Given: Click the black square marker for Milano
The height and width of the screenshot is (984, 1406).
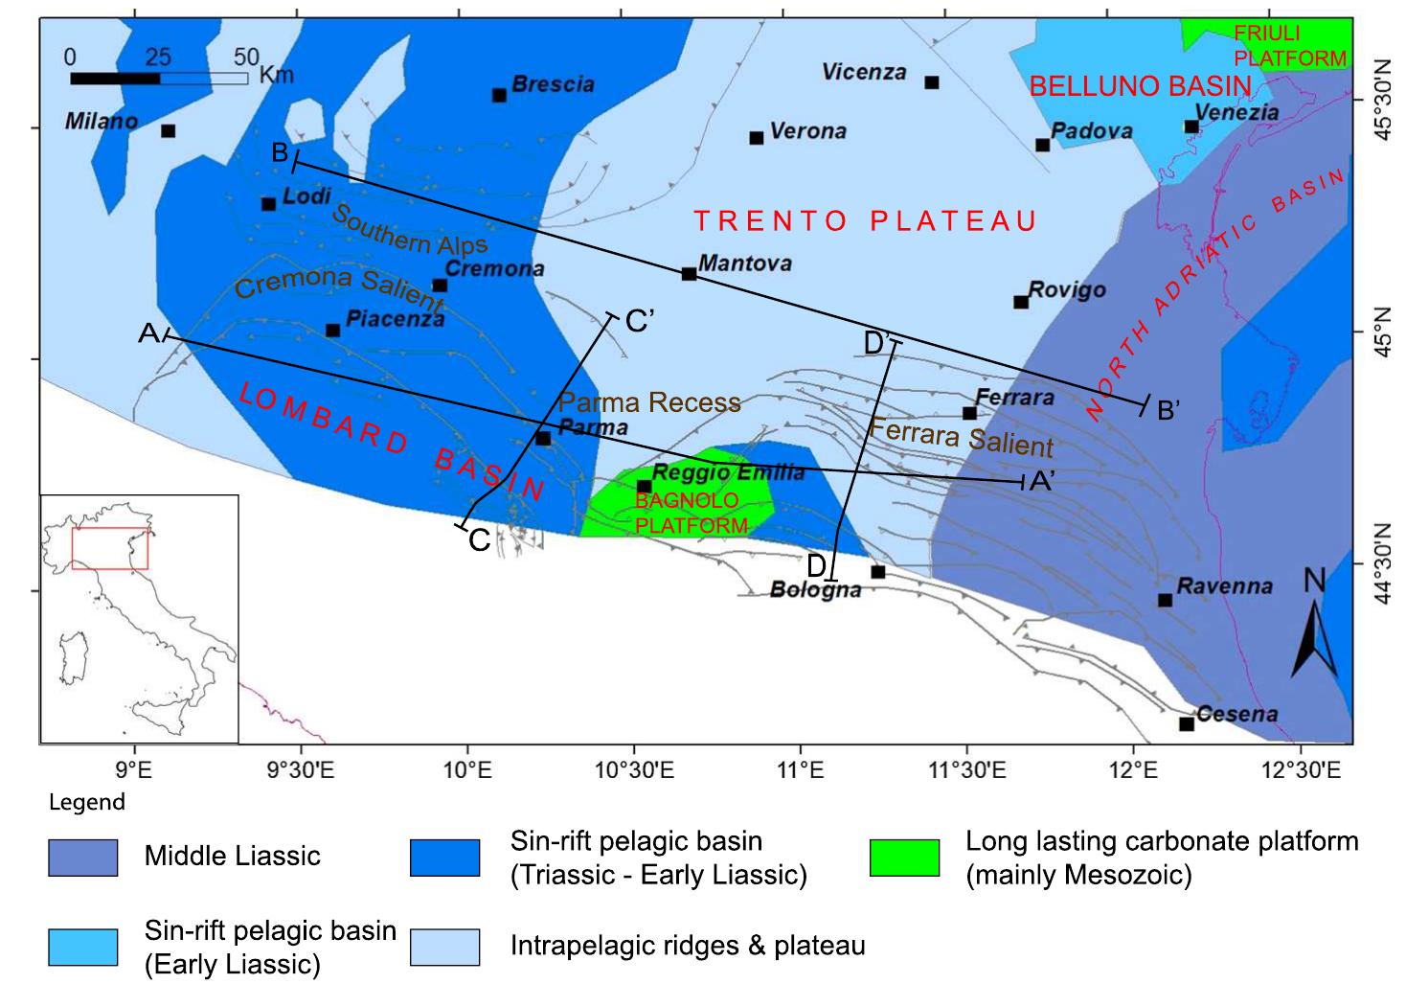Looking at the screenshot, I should coord(168,131).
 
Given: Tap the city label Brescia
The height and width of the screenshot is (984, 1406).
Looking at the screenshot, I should coord(553,84).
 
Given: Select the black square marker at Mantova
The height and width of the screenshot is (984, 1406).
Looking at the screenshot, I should coord(689,274).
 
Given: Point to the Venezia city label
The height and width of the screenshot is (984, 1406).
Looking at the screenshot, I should coord(1236,112).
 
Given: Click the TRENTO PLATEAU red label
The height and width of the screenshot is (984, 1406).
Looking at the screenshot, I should coord(866,221).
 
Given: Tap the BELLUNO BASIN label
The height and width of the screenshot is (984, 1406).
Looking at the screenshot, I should coord(1140,86).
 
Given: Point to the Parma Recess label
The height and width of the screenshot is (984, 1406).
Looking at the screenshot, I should coord(649,402).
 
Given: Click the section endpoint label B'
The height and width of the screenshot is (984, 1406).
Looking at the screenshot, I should coord(1168,410).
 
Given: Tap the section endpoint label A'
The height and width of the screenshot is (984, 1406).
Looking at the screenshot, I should coord(1041,483).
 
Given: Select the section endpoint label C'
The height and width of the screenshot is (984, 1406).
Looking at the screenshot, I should coord(639,322).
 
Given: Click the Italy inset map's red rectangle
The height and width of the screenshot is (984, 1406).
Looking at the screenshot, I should coord(109,548).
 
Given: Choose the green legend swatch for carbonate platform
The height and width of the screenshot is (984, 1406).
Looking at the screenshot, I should coord(904,858).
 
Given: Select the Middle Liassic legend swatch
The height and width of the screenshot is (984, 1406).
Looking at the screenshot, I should coord(82,858).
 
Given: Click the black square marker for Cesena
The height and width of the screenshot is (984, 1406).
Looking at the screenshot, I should coord(1187,724).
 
